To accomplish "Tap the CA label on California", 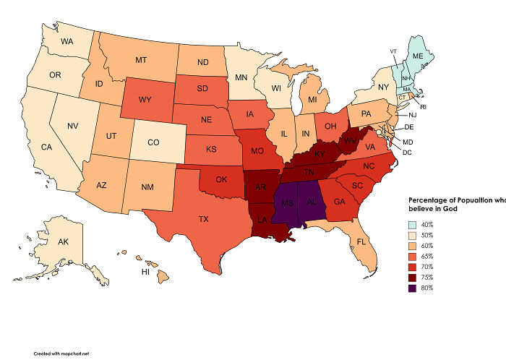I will pos(46,147).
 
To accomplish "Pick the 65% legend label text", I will pos(427,257).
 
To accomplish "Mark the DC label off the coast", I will pos(406,152).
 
